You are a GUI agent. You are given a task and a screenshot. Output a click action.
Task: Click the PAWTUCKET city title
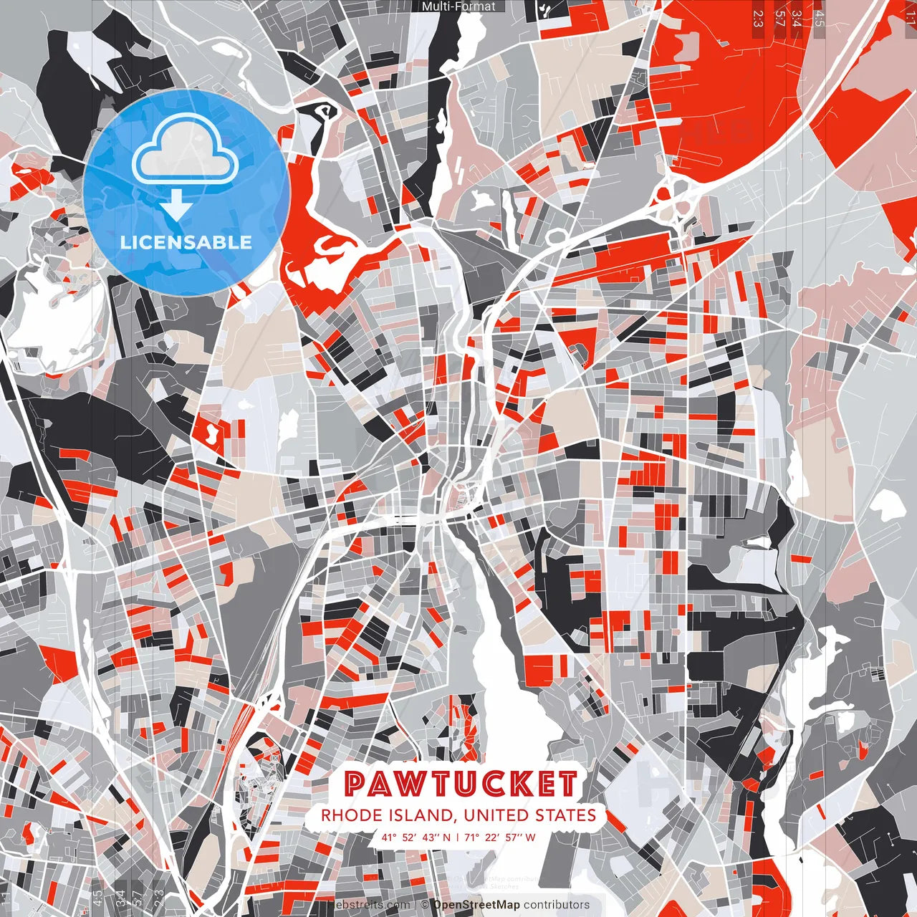461,784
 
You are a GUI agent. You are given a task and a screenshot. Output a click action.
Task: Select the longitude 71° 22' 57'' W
500,837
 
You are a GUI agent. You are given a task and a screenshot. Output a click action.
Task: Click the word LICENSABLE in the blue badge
186,242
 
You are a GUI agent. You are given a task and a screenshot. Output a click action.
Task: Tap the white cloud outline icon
186,148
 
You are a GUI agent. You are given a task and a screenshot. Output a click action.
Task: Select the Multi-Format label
458,6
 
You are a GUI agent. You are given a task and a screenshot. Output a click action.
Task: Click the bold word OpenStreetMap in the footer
476,905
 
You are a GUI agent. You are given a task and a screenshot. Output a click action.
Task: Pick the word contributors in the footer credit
556,905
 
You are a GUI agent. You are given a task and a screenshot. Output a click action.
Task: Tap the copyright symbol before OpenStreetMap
424,905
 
